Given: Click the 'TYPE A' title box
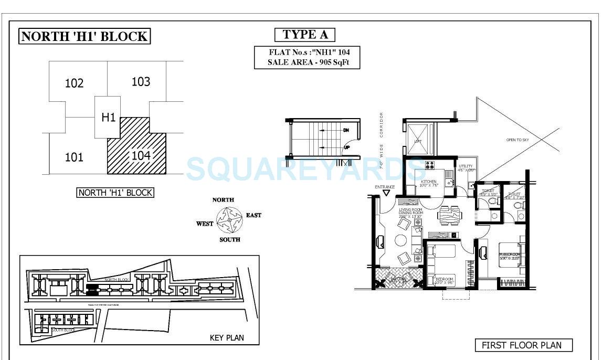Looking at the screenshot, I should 305,35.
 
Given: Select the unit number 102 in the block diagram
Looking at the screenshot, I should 74,83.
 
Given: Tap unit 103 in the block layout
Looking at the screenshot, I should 141,81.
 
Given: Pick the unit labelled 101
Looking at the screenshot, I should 74,157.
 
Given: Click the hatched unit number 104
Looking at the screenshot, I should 141,155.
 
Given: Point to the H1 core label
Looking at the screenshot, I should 108,117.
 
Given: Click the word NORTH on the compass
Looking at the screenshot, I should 223,200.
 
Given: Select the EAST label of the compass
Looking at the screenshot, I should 253,215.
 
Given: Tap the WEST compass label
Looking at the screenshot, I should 205,224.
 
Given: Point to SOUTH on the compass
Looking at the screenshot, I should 229,240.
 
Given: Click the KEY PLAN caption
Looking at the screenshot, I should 227,338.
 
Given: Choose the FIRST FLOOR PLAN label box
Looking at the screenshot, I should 523,345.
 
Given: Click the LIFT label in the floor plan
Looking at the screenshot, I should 418,141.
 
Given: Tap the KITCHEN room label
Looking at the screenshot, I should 429,182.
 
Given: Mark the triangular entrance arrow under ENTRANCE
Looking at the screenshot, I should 386,193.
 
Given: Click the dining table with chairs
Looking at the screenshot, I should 449,215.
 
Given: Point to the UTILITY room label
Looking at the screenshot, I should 466,166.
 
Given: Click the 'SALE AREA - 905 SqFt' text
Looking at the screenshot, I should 307,62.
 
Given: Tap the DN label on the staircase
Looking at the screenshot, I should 346,130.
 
